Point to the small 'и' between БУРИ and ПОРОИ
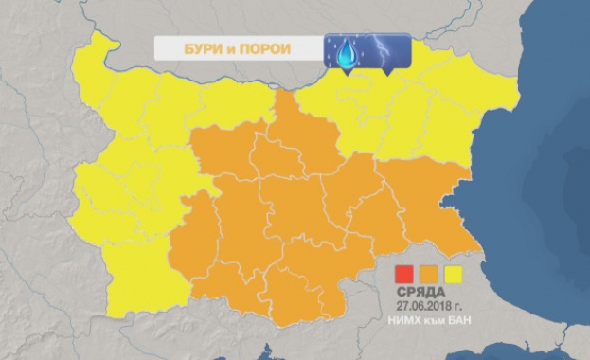coord(224,48)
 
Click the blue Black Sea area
coord(540,189)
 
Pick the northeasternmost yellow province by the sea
coord(483,95)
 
